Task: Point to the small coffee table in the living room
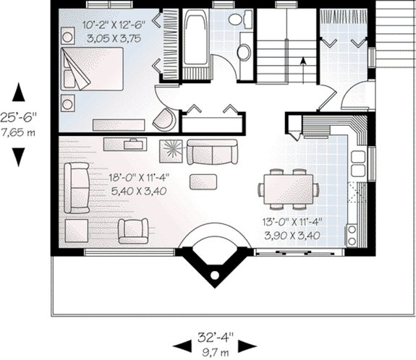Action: [202, 181]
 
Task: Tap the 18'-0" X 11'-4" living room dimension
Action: [119, 179]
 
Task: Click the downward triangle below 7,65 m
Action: [19, 156]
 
